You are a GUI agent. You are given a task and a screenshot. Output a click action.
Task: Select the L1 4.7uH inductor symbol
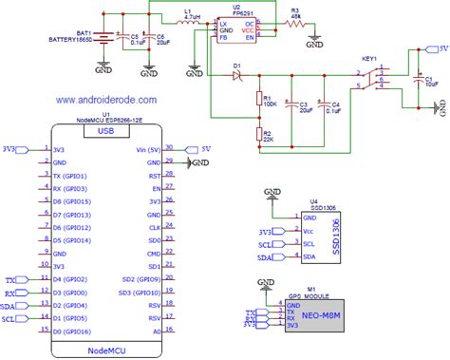(x=189, y=26)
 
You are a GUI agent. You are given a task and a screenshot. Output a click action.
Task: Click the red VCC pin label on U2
(x=249, y=31)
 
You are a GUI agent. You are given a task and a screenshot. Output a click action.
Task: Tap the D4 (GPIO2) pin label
(x=71, y=280)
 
